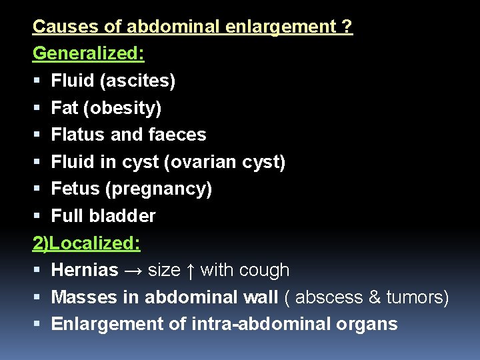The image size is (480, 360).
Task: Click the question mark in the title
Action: click(348, 27)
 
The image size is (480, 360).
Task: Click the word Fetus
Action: click(75, 189)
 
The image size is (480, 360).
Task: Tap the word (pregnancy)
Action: click(159, 189)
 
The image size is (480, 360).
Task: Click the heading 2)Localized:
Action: click(87, 243)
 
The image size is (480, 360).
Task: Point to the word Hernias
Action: click(85, 270)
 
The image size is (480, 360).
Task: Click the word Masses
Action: click(85, 297)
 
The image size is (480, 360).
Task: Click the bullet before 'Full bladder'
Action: click(37, 216)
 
